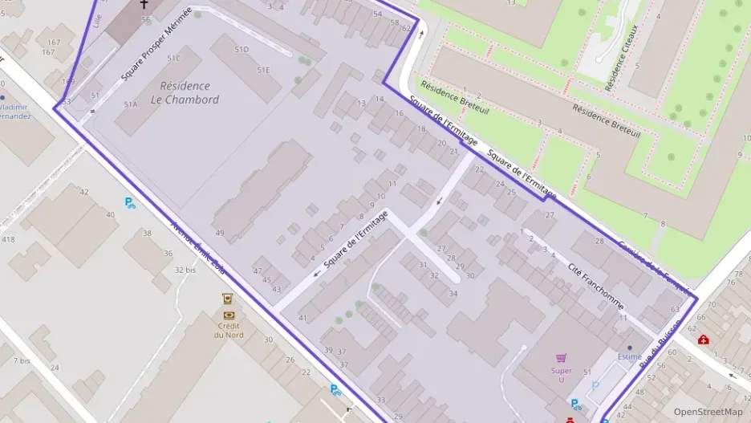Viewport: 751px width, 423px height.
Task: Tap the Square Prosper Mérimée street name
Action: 156,44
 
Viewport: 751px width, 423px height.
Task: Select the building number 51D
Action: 242,50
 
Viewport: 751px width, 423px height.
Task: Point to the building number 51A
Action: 131,104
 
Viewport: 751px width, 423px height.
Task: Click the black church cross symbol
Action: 144,5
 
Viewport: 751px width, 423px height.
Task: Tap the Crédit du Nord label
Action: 229,330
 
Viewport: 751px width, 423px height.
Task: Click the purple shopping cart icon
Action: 562,358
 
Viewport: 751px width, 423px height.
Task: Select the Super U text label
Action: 562,375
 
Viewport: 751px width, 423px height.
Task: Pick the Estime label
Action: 629,358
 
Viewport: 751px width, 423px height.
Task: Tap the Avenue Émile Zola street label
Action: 197,250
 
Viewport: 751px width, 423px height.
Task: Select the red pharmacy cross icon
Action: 703,340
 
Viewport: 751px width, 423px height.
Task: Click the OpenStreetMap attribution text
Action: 708,412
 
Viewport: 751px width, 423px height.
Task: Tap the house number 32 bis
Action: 185,270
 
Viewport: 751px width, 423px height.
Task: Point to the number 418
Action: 8,239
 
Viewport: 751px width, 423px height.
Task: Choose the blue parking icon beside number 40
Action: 130,202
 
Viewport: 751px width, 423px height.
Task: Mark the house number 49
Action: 220,233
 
